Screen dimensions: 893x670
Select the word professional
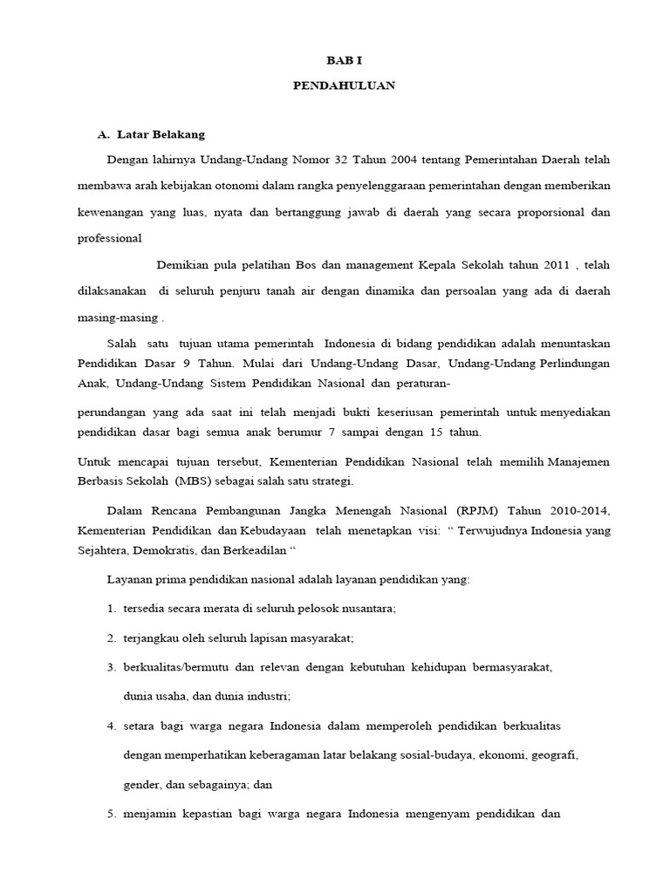[109, 237]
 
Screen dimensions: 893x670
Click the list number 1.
[112, 609]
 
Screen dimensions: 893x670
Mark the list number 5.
[112, 815]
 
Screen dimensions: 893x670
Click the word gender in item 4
[140, 784]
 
